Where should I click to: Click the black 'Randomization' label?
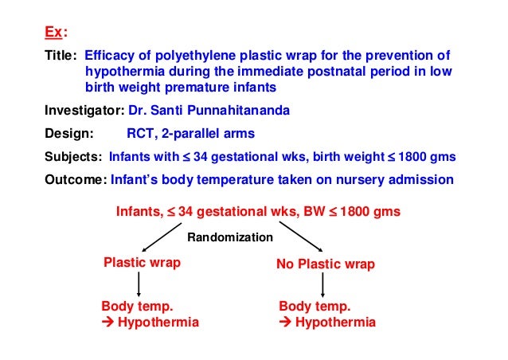229,237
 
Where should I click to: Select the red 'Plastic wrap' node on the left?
143,262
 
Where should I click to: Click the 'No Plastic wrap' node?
325,263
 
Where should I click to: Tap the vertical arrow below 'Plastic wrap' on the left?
140,284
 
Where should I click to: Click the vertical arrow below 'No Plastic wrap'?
322,284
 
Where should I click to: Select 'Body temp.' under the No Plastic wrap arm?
315,307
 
